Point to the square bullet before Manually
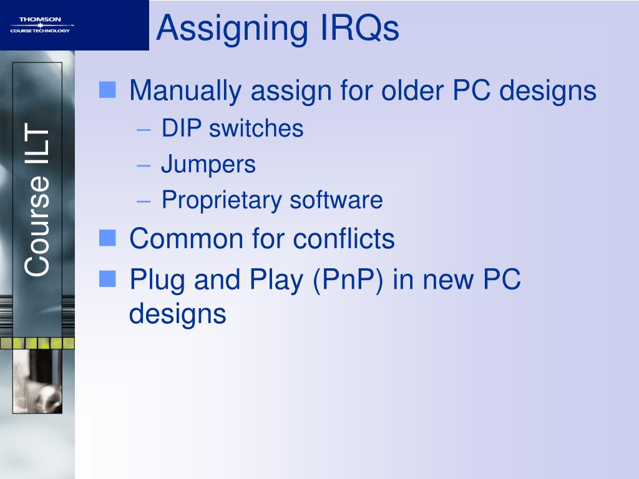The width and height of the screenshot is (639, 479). [107, 91]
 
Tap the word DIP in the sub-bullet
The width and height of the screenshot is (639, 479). [182, 128]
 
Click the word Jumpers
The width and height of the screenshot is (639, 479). [208, 165]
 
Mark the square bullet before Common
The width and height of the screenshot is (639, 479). [107, 238]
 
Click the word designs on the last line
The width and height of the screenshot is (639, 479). [177, 314]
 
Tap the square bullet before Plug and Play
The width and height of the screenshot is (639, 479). [107, 278]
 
